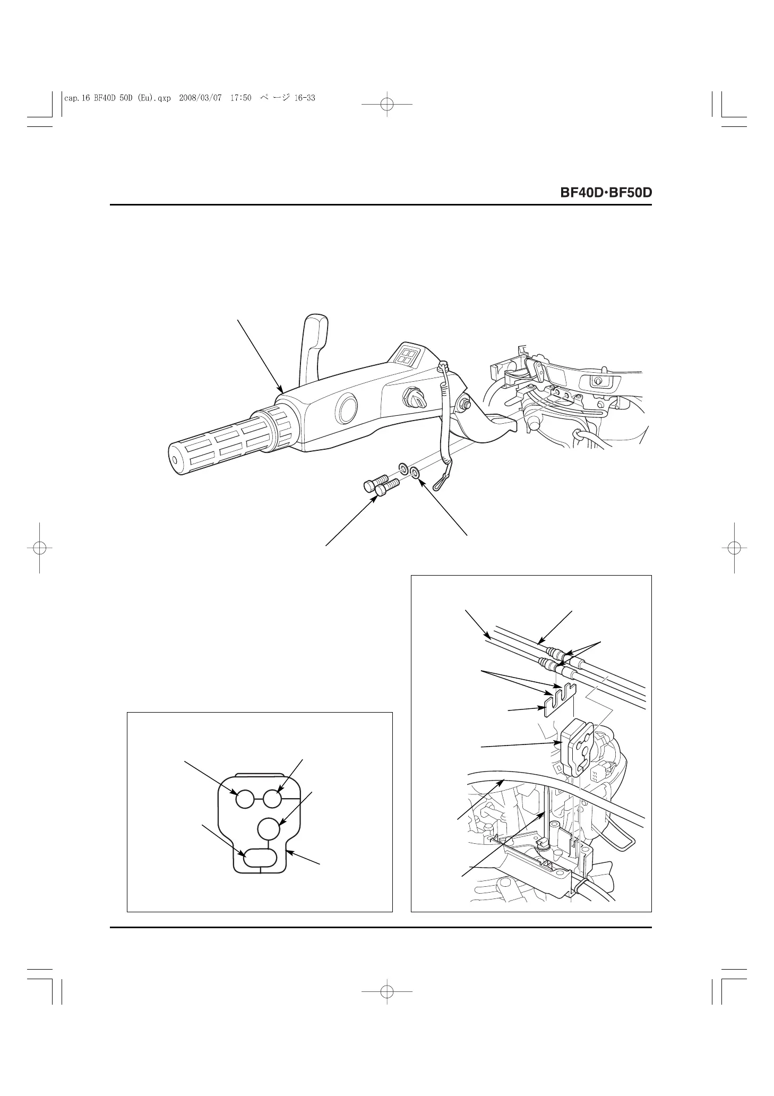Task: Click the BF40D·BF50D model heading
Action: [606, 193]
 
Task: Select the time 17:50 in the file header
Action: [240, 98]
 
